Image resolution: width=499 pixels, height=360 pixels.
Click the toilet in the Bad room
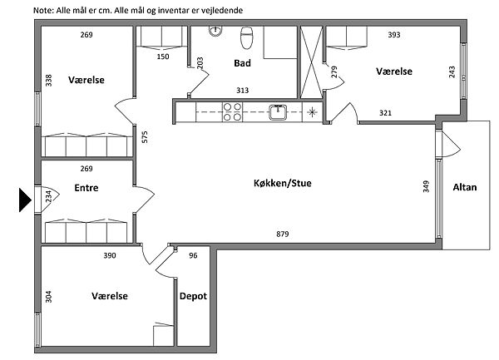246,37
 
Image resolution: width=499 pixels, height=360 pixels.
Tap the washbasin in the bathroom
215,31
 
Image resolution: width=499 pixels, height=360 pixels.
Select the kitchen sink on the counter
278,112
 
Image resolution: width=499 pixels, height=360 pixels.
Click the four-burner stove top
232,112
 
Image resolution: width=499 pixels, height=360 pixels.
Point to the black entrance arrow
25,200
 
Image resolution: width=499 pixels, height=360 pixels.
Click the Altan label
465,187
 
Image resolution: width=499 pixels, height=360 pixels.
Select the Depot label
193,296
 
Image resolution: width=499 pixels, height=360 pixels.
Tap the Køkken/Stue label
283,183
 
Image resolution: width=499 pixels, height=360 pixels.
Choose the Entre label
86,188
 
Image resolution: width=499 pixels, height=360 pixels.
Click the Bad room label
242,63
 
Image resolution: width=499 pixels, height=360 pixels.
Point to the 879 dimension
282,234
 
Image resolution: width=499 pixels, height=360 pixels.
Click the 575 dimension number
145,136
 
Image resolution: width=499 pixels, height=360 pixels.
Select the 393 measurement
394,35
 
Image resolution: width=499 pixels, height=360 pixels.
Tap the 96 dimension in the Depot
193,255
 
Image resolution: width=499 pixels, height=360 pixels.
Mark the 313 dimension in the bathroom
242,91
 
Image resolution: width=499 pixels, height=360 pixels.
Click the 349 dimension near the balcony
426,186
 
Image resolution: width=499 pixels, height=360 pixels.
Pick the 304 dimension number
48,297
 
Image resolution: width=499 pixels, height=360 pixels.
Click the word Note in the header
43,10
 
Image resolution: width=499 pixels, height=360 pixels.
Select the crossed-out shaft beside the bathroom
311,62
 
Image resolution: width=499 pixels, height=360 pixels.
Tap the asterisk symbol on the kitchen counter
312,112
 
